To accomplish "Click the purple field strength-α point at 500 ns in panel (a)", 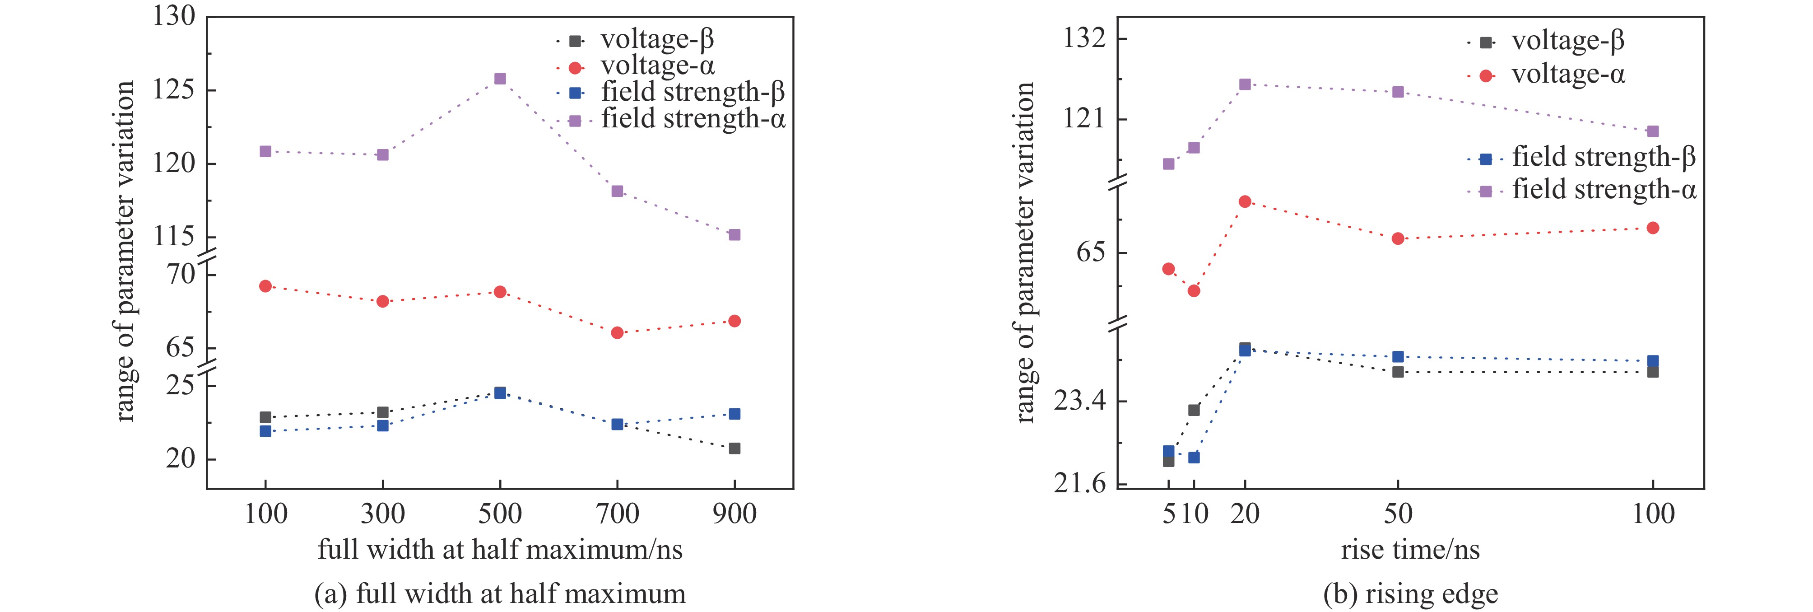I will click(500, 79).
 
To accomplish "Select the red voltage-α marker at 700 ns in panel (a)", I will click(617, 332).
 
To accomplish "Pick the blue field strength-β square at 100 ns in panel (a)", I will click(265, 431).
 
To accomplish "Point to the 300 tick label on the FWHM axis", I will click(382, 514).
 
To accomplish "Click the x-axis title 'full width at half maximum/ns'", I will click(500, 549).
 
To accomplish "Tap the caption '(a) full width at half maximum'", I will click(500, 593).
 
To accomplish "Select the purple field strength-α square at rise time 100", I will click(1653, 132).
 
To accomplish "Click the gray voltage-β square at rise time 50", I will click(1398, 372).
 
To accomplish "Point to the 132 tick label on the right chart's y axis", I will click(1084, 39).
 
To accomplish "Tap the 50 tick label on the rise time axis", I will click(1398, 514).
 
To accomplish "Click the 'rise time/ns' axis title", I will click(1410, 549).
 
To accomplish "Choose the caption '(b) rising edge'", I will click(1410, 593).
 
